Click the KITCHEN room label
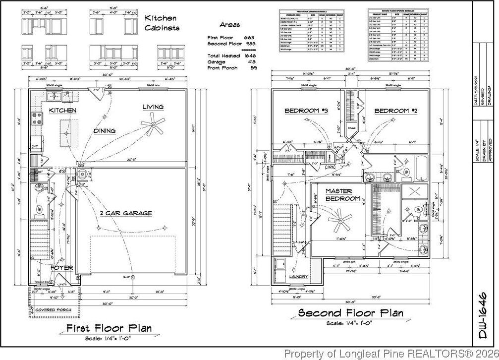pos(62,110)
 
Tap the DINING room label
pos(105,131)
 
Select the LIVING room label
pos(153,107)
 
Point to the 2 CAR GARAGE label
pos(126,213)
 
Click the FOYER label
pos(62,268)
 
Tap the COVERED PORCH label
pos(53,310)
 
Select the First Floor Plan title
pos(109,328)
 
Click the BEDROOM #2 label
pos(395,111)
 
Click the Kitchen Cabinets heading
pos(162,23)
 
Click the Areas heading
pos(230,24)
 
